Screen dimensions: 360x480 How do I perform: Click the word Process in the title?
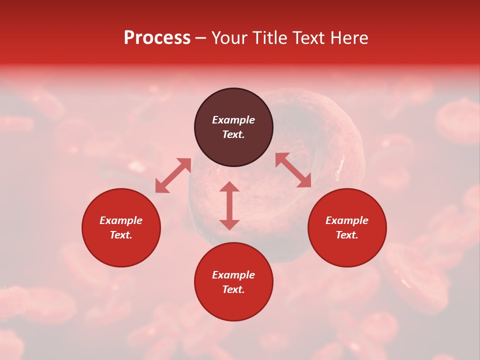pos(157,38)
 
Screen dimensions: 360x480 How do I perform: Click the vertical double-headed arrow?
pos(229,205)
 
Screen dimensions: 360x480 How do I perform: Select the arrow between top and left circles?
pos(173,175)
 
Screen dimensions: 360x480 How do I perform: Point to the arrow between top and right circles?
pos(293,170)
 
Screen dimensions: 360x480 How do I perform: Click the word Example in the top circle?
pos(233,120)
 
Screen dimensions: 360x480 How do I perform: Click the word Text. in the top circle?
pos(233,134)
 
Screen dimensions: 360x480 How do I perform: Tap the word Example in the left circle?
pos(121,220)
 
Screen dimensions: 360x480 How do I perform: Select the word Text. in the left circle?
pos(121,235)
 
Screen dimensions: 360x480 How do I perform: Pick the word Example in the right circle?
pos(347,220)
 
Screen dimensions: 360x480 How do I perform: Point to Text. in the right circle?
pos(347,235)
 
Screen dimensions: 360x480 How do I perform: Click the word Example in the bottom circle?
pos(233,275)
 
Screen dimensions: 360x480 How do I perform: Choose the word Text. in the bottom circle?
pos(233,289)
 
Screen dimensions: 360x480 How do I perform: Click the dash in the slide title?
pos(201,38)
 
